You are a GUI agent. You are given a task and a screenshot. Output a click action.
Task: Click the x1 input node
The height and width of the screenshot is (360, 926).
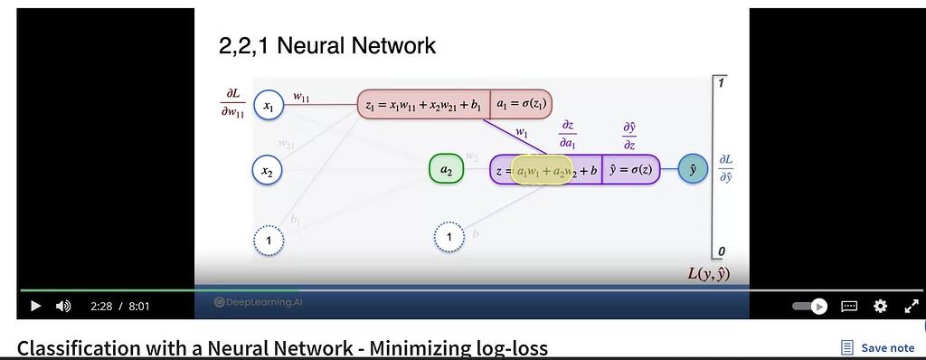pos(269,106)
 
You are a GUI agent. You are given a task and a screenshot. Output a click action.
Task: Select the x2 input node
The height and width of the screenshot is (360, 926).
pos(268,169)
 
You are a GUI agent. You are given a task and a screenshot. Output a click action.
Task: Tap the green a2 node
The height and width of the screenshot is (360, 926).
pos(446,169)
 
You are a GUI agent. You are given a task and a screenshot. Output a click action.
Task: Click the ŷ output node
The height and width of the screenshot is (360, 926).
pos(693,169)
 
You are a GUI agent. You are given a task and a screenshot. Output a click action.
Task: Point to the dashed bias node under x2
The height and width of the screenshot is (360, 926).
pos(269,239)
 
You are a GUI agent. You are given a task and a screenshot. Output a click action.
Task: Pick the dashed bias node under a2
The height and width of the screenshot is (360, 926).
pos(449,237)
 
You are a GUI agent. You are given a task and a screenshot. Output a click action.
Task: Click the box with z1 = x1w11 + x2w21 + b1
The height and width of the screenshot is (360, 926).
pos(424,105)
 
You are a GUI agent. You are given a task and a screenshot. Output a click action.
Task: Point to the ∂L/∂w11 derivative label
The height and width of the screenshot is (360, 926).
pos(231,104)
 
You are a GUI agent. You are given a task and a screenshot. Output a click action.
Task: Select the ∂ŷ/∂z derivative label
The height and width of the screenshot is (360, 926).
pos(629,137)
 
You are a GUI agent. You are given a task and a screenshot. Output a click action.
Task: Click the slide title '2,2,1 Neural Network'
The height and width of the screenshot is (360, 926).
pos(327,45)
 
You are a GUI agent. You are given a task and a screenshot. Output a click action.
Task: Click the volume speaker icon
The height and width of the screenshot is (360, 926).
pos(63,306)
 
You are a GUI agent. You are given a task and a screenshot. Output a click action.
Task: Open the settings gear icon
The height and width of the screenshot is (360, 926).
pos(880,306)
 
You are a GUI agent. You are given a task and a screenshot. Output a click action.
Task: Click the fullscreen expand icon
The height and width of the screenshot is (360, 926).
pos(911,306)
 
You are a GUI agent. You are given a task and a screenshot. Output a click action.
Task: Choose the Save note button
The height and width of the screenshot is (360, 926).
pos(877,347)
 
